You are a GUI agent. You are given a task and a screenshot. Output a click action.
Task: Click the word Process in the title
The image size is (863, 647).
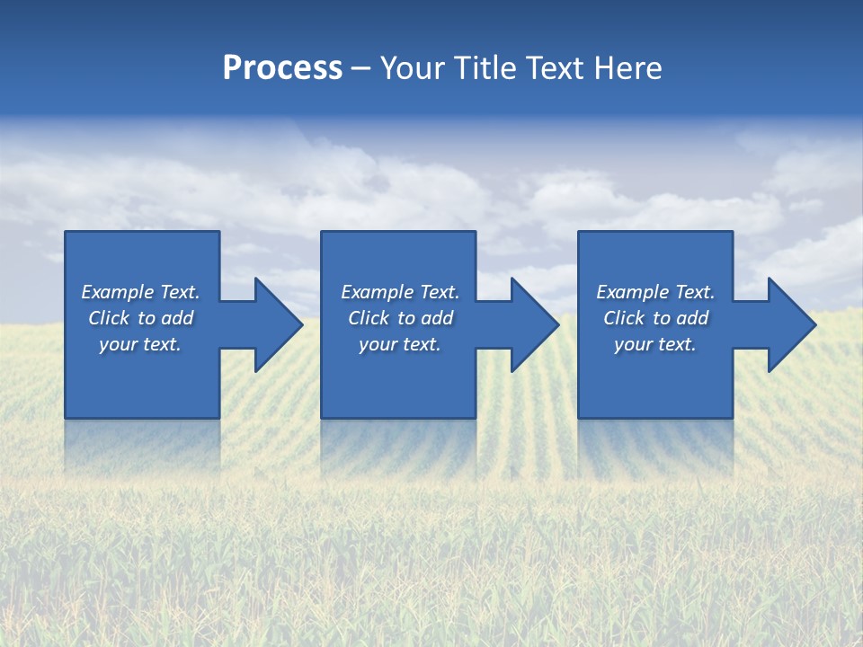282,68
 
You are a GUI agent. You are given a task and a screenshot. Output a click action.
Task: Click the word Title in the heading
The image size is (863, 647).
485,68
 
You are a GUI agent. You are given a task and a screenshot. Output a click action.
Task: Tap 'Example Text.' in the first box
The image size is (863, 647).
140,292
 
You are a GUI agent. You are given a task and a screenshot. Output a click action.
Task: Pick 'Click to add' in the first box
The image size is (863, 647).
140,318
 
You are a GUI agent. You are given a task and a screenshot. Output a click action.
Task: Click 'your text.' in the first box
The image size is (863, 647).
140,344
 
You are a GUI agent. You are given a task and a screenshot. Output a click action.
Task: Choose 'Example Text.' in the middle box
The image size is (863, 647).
400,292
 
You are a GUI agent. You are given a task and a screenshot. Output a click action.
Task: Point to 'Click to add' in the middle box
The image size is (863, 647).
400,318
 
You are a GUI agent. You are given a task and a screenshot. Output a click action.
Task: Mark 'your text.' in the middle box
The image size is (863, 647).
400,344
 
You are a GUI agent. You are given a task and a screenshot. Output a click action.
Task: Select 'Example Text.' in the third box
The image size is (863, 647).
655,292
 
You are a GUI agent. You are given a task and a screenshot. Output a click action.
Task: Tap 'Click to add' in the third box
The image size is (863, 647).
655,318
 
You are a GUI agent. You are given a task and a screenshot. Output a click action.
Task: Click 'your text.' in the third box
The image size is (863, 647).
655,344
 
